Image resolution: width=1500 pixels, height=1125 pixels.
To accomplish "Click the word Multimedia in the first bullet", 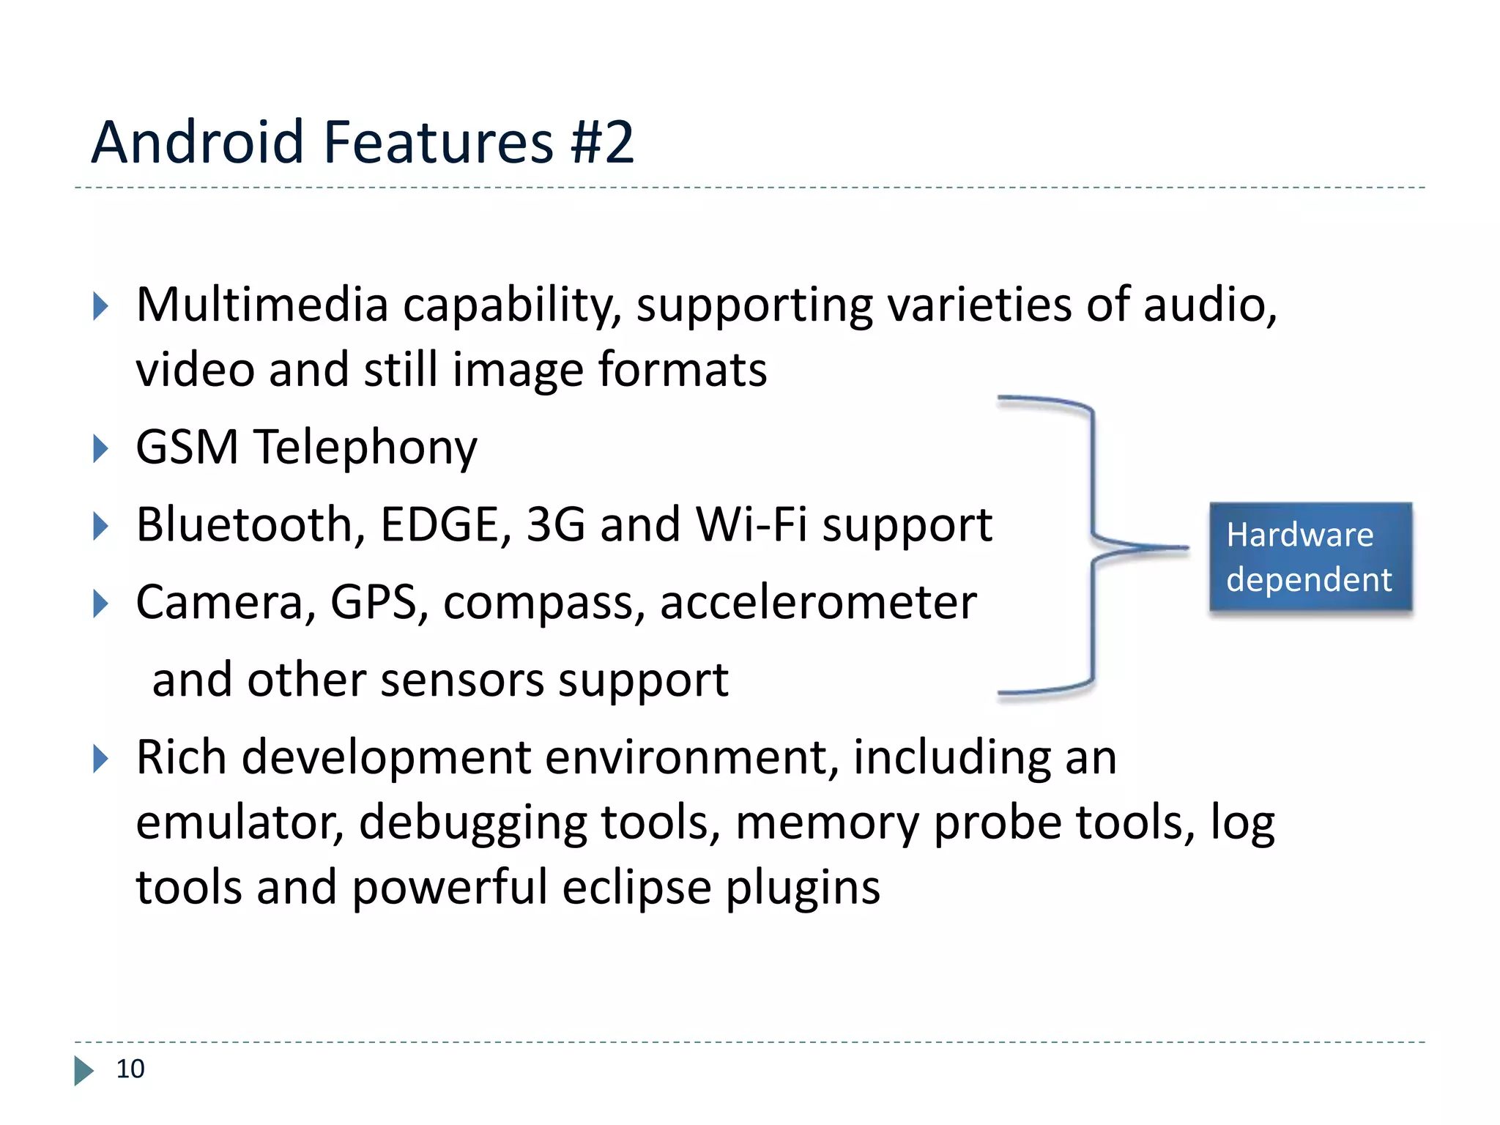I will point(261,304).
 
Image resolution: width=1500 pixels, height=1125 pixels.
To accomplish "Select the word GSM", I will point(187,447).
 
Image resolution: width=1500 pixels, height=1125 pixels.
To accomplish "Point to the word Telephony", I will point(365,448).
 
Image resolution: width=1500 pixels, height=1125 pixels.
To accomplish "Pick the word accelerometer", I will point(818,602).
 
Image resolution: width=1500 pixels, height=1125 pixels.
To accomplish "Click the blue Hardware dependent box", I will point(1310,557).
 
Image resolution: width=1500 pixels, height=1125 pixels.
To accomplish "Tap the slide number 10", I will point(130,1069).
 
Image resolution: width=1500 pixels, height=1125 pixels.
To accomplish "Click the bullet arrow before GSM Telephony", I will point(100,448).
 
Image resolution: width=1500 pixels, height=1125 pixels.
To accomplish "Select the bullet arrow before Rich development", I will point(100,759).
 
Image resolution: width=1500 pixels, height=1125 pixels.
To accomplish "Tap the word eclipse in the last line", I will point(636,888).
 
